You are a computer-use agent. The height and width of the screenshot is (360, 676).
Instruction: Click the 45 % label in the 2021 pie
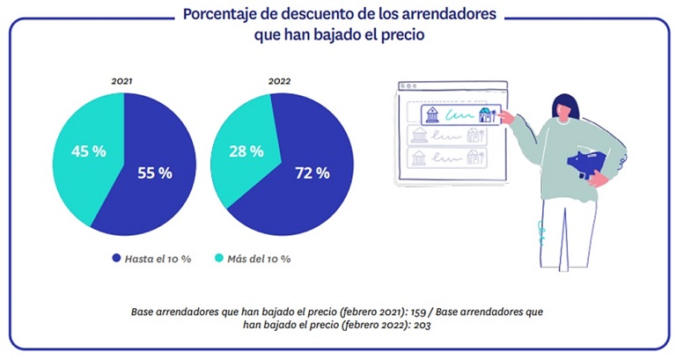click(x=88, y=151)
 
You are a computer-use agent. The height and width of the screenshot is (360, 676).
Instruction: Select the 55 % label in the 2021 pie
click(x=154, y=173)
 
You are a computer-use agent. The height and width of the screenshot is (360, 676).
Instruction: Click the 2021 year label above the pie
click(x=121, y=81)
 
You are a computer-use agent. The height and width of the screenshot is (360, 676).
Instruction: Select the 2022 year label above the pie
click(x=279, y=81)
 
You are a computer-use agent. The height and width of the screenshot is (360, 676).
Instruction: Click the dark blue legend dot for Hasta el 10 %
click(x=117, y=259)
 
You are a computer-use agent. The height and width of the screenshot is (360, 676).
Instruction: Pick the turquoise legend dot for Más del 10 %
click(x=221, y=259)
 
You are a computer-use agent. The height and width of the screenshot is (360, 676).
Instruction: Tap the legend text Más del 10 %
click(x=261, y=259)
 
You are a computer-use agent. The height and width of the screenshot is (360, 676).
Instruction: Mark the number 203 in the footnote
click(x=431, y=324)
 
